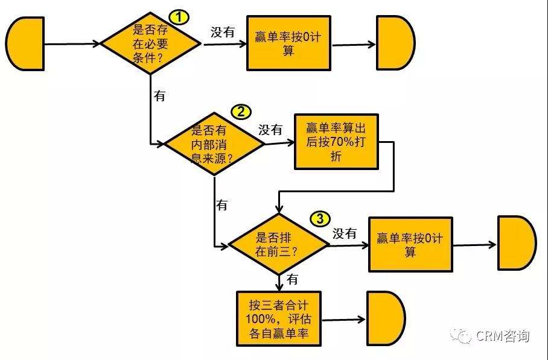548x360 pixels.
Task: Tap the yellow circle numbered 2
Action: point(241,112)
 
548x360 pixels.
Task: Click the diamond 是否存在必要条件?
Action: point(150,44)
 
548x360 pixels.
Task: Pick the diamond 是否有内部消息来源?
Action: point(214,144)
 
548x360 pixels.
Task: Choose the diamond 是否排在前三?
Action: point(278,245)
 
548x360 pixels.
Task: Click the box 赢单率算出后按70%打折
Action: point(336,142)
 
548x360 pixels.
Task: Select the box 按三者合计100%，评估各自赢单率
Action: point(278,318)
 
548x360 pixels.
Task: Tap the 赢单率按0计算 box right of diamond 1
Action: point(288,44)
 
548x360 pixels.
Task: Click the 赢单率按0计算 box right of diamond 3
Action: point(410,244)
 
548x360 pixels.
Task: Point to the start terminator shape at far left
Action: point(26,43)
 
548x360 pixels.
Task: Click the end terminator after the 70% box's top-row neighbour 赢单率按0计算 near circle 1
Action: point(395,43)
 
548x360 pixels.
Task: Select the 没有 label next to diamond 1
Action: point(223,33)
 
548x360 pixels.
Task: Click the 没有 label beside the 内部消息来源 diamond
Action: point(271,130)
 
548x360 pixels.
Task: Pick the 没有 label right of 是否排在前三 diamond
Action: point(345,233)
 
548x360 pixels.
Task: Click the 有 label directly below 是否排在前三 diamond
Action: point(292,279)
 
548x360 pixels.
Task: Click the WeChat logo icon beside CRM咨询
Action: point(464,335)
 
